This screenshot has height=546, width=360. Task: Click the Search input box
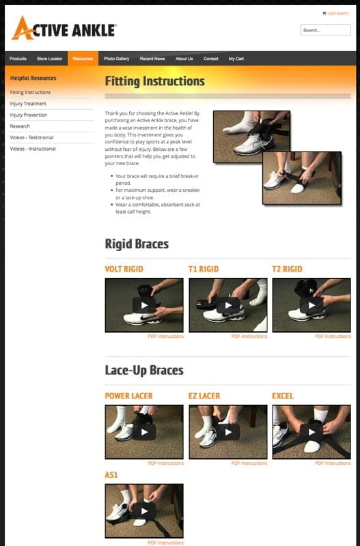pyautogui.click(x=325, y=30)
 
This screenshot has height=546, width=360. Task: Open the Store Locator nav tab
pyautogui.click(x=50, y=59)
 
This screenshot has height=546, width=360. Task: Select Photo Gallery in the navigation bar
pyautogui.click(x=116, y=59)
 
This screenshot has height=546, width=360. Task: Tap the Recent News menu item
pyautogui.click(x=152, y=59)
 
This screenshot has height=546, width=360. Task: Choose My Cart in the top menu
pyautogui.click(x=236, y=59)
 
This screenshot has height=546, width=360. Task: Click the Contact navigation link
pyautogui.click(x=211, y=59)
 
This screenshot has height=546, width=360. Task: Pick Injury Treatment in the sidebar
pyautogui.click(x=29, y=104)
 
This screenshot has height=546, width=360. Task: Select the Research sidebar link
pyautogui.click(x=20, y=126)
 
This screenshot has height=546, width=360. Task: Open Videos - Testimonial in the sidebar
pyautogui.click(x=33, y=137)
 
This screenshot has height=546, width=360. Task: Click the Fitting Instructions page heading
pyautogui.click(x=154, y=81)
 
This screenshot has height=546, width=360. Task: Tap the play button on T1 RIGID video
pyautogui.click(x=227, y=305)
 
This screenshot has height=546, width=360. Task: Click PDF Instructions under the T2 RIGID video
pyautogui.click(x=333, y=336)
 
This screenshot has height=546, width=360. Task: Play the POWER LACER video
pyautogui.click(x=144, y=432)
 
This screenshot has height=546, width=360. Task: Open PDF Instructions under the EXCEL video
pyautogui.click(x=333, y=463)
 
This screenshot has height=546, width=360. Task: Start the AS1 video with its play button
pyautogui.click(x=144, y=511)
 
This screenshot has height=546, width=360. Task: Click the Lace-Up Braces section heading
pyautogui.click(x=144, y=371)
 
